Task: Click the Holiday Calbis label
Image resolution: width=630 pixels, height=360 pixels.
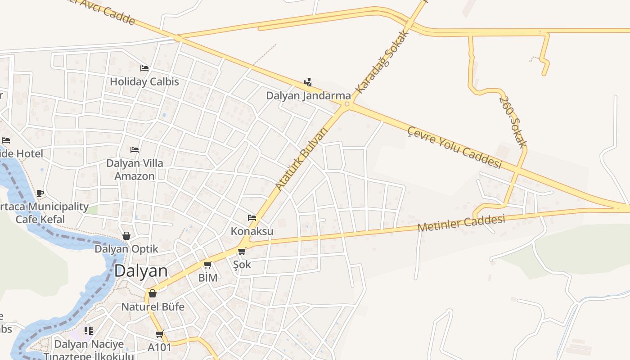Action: tap(144, 82)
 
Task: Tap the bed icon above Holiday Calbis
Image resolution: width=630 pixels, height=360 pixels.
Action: tap(144, 68)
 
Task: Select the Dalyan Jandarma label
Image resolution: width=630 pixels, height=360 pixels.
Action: tap(308, 95)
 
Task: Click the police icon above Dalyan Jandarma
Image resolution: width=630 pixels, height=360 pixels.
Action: tap(308, 82)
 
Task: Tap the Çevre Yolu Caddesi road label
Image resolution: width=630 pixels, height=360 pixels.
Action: tap(454, 147)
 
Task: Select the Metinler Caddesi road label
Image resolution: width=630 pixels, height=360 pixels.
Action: tap(461, 223)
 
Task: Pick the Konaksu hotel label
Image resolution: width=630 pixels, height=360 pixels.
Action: tap(252, 231)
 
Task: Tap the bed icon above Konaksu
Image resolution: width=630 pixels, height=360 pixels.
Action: tap(252, 218)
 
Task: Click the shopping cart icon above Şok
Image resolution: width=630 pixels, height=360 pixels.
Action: tap(242, 251)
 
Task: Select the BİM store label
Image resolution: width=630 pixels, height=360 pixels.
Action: tap(208, 278)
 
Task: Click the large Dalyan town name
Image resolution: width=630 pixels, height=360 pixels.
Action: tap(141, 271)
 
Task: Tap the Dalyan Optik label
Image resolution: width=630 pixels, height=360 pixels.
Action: tap(126, 249)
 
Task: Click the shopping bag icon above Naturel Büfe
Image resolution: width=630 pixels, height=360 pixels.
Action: tap(153, 293)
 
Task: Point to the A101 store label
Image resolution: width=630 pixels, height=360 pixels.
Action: tap(160, 347)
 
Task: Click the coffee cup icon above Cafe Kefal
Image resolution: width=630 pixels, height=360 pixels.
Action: tap(40, 193)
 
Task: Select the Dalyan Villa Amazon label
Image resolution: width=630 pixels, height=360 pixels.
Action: tap(135, 169)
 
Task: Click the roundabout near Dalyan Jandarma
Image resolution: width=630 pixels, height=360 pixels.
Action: tap(346, 104)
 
